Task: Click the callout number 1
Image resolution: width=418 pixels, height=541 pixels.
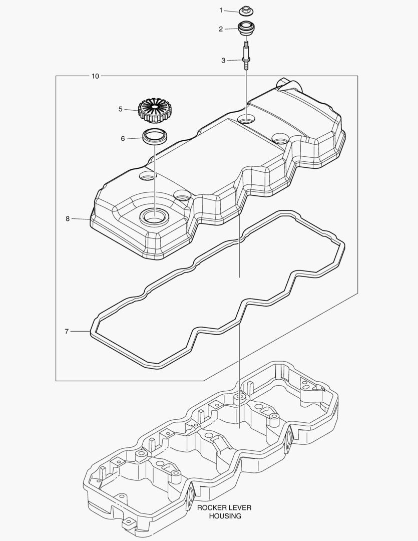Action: pyautogui.click(x=221, y=11)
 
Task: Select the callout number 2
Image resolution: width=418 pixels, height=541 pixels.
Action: pyautogui.click(x=221, y=29)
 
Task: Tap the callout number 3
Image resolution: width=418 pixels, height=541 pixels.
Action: pyautogui.click(x=223, y=61)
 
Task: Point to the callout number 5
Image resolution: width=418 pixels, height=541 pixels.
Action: pyautogui.click(x=120, y=109)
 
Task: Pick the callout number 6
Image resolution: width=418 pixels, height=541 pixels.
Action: pyautogui.click(x=123, y=139)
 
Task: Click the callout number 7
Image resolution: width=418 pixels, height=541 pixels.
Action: pyautogui.click(x=67, y=332)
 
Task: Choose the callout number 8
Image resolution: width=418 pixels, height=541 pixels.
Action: pyautogui.click(x=68, y=219)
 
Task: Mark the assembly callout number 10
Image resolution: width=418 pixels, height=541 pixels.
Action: pyautogui.click(x=95, y=76)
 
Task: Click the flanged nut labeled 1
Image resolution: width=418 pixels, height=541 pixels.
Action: pyautogui.click(x=246, y=11)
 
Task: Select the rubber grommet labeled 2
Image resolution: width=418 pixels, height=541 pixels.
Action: pyautogui.click(x=246, y=28)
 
